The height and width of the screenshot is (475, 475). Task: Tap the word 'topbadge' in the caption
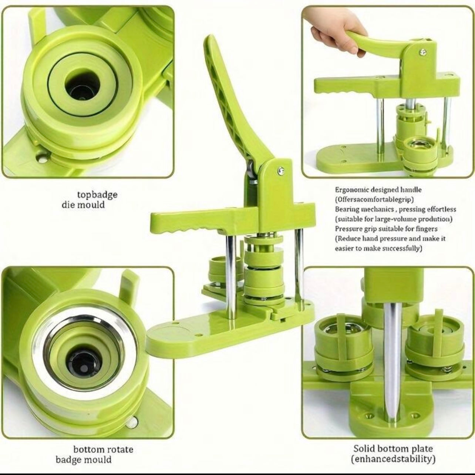[97, 195]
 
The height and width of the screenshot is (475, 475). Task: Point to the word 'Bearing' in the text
[347, 209]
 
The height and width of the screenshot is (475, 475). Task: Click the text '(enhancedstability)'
[393, 452]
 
